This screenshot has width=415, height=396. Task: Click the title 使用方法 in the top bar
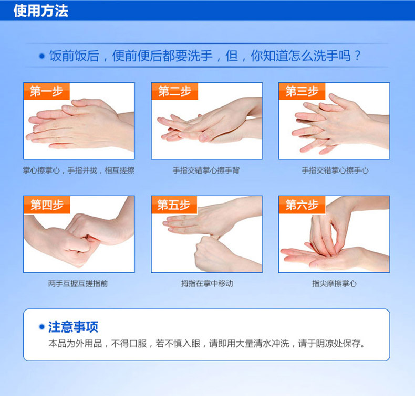(x=41, y=11)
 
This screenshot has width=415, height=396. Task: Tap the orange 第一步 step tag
(x=47, y=91)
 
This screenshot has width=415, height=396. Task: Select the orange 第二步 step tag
(x=175, y=91)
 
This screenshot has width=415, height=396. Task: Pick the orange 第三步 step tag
(x=302, y=91)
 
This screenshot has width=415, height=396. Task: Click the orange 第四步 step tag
(x=47, y=205)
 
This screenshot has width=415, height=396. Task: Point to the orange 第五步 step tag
(x=174, y=205)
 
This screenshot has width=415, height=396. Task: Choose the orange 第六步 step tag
(x=302, y=205)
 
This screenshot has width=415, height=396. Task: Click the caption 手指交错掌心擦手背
(x=206, y=170)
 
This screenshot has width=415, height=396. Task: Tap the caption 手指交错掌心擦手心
(x=335, y=170)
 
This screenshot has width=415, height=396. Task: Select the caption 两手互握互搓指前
(x=78, y=283)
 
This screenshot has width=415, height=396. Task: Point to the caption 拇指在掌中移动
(x=207, y=283)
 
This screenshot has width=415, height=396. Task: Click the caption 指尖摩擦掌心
(x=334, y=283)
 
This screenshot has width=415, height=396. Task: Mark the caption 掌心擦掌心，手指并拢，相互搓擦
(x=79, y=170)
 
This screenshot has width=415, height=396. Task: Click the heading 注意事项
(x=74, y=327)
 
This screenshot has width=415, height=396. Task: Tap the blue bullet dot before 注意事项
(x=41, y=327)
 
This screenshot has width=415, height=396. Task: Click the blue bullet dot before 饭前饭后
(x=41, y=56)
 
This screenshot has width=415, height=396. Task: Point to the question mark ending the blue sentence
(x=357, y=56)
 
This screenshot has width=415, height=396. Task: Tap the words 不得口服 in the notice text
(x=129, y=344)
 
